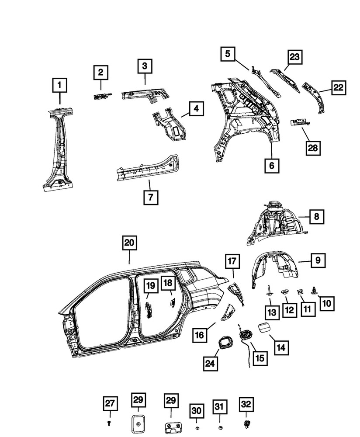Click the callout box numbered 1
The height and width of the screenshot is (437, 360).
pos(60,85)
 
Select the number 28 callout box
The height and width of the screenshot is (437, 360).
pos(312,148)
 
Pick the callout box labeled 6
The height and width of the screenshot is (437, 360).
pos(271,166)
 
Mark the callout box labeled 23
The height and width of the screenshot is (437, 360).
pos(295,57)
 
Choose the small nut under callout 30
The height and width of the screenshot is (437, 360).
pos(197,425)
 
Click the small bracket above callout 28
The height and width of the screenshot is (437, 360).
pos(300,122)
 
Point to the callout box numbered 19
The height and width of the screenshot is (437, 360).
pos(150,286)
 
